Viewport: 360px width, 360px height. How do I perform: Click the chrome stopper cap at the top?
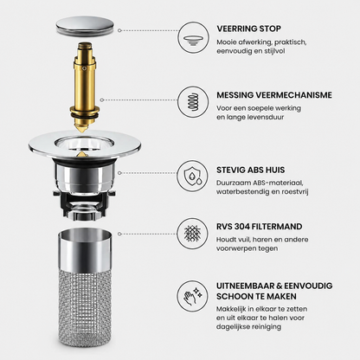pyautogui.click(x=85, y=27)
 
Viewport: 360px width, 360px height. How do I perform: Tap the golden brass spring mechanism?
pyautogui.click(x=85, y=87)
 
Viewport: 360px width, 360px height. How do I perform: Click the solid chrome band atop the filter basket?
pyautogui.click(x=85, y=249)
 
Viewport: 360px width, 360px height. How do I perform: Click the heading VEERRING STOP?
pyautogui.click(x=248, y=29)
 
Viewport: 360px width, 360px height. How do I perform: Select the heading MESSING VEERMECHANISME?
pyautogui.click(x=274, y=95)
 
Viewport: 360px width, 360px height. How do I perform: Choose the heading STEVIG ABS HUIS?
pyautogui.click(x=251, y=170)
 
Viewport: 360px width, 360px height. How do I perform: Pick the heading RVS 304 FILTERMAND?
pyautogui.click(x=260, y=227)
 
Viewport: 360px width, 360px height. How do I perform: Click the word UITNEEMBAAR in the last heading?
pyautogui.click(x=245, y=286)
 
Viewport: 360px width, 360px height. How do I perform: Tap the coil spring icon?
pyautogui.click(x=193, y=101)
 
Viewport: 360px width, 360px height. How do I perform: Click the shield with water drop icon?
pyautogui.click(x=193, y=176)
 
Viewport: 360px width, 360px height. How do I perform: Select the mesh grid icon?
pyautogui.click(x=192, y=233)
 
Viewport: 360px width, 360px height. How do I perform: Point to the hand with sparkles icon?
pyautogui.click(x=193, y=296)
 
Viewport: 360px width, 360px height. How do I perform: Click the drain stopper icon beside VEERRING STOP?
pyautogui.click(x=192, y=38)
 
